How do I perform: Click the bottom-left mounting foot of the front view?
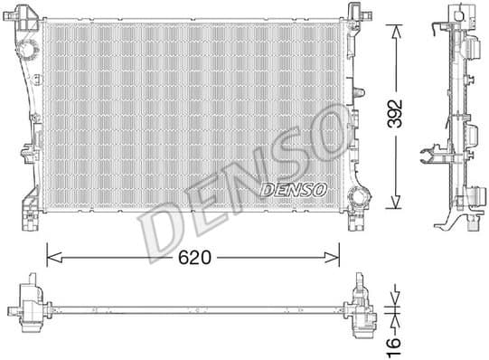tap(29, 220)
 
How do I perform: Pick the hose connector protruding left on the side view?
tap(427, 156)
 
